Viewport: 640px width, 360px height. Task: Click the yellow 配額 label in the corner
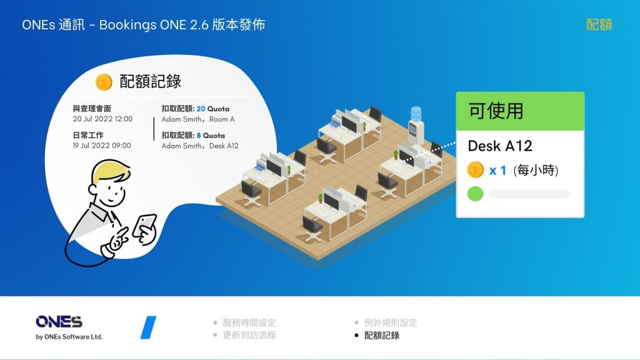point(599,24)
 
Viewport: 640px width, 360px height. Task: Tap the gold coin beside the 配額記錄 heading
point(104,82)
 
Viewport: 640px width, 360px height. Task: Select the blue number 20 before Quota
point(201,109)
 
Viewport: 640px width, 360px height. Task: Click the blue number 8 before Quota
point(199,136)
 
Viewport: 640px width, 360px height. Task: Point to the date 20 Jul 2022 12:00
point(102,119)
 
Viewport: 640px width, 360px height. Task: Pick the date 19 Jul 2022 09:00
point(102,145)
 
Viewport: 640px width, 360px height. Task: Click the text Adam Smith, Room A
point(198,119)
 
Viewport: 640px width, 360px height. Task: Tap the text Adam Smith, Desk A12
point(200,146)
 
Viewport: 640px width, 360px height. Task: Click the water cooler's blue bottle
point(416,114)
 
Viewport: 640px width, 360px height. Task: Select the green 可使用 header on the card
point(520,111)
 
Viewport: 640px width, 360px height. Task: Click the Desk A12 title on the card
point(500,146)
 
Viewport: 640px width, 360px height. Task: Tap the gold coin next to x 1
point(475,170)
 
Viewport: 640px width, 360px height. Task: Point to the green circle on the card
point(475,194)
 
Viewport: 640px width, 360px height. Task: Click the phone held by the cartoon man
point(146,225)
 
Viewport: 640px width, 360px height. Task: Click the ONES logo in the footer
point(59,322)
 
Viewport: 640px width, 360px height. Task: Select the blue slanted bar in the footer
point(148,327)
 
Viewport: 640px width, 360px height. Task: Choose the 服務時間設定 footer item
point(249,322)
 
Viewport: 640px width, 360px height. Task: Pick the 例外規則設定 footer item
point(391,322)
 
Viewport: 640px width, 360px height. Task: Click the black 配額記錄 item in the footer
point(382,335)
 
